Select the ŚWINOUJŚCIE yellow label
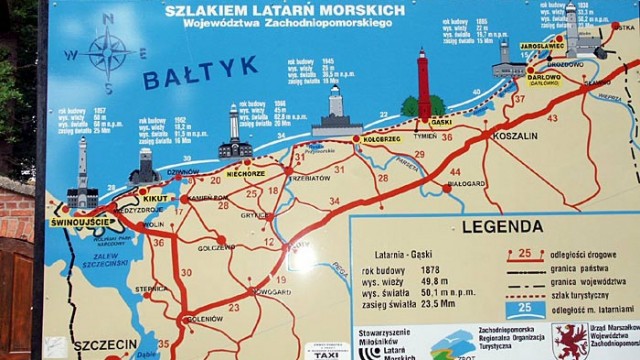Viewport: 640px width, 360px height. point(78,221)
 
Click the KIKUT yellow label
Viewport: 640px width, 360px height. point(155,199)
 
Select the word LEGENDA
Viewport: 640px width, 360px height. point(502,226)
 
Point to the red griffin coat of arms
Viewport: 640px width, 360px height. point(570,341)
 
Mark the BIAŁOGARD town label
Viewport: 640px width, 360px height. point(467,183)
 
